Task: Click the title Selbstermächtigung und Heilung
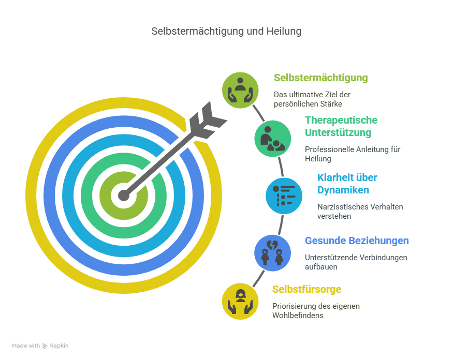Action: pos(226,32)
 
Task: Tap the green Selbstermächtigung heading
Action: pos(320,78)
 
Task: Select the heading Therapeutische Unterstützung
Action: pos(341,126)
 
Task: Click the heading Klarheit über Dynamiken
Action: pos(347,184)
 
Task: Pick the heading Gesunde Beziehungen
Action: pos(357,241)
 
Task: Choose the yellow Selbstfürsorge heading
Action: pos(306,289)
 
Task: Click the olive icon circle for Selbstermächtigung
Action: pos(240,90)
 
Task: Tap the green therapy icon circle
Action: pos(272,138)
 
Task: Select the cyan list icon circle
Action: pos(284,196)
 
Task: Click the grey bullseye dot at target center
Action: pos(123,195)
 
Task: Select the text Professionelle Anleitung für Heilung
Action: pos(352,154)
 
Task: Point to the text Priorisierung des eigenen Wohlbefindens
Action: pos(316,310)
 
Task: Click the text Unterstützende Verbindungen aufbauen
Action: pos(356,262)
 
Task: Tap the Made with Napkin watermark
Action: pos(40,346)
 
